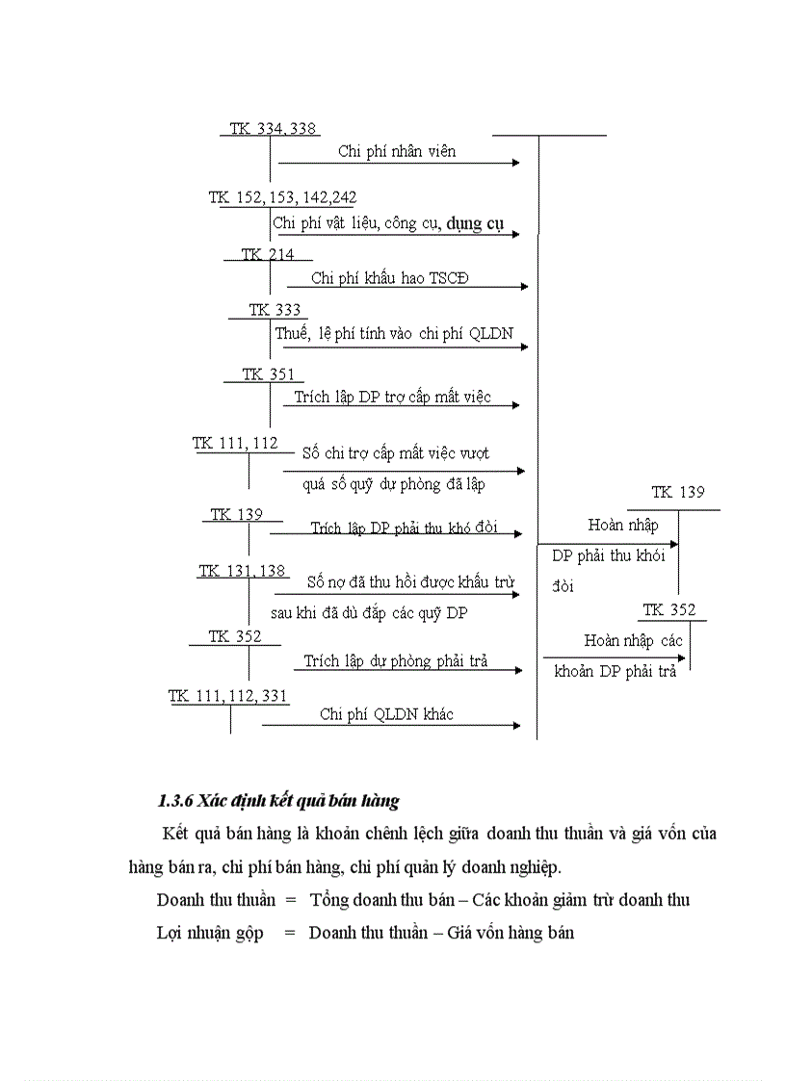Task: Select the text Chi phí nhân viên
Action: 397,151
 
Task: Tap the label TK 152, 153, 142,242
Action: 282,197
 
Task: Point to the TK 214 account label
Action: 267,254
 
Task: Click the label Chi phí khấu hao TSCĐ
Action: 390,278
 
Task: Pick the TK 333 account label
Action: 275,310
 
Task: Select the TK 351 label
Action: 268,374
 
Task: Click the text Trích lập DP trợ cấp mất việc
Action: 392,397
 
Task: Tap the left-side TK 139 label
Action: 236,514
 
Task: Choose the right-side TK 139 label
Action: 677,492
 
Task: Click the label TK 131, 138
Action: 242,571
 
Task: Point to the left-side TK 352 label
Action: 234,636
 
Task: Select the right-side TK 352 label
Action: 668,610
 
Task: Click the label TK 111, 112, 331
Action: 228,696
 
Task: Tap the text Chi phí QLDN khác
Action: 386,714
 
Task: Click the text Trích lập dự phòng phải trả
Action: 395,661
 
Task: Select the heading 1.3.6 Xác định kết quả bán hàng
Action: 277,801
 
